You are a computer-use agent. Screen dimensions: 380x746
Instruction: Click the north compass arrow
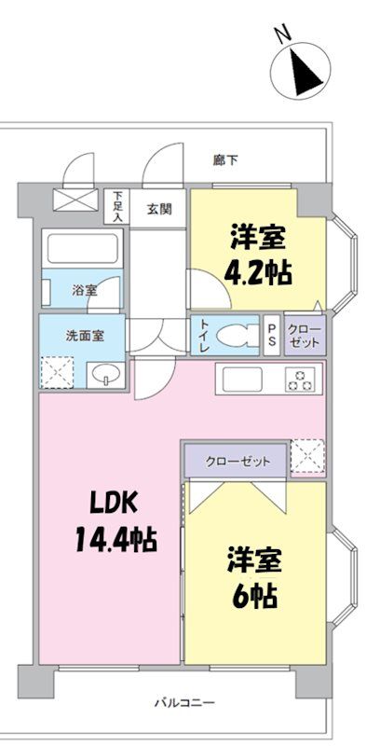pyautogui.click(x=303, y=73)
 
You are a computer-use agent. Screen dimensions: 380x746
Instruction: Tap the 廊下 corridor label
pyautogui.click(x=225, y=160)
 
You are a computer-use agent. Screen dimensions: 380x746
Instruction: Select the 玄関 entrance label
pyautogui.click(x=158, y=209)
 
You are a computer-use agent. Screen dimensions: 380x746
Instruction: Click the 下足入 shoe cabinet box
pyautogui.click(x=116, y=206)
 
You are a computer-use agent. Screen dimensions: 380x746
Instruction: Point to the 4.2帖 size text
pyautogui.click(x=257, y=273)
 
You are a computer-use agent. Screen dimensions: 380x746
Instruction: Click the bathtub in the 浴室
pyautogui.click(x=83, y=248)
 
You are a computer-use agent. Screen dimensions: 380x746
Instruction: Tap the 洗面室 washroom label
pyautogui.click(x=84, y=336)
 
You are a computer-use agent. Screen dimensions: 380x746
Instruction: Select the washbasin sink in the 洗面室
pyautogui.click(x=106, y=374)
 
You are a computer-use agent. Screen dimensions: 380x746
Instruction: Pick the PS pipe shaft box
pyautogui.click(x=272, y=335)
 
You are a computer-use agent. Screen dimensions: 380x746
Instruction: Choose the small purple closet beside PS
pyautogui.click(x=305, y=335)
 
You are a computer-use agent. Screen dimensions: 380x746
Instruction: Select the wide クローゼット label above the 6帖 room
pyautogui.click(x=238, y=461)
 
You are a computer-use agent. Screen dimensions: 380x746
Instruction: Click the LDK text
pyautogui.click(x=114, y=504)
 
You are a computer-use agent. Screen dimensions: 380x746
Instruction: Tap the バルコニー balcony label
pyautogui.click(x=184, y=702)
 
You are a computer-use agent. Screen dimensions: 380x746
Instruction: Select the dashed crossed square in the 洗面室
pyautogui.click(x=57, y=372)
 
